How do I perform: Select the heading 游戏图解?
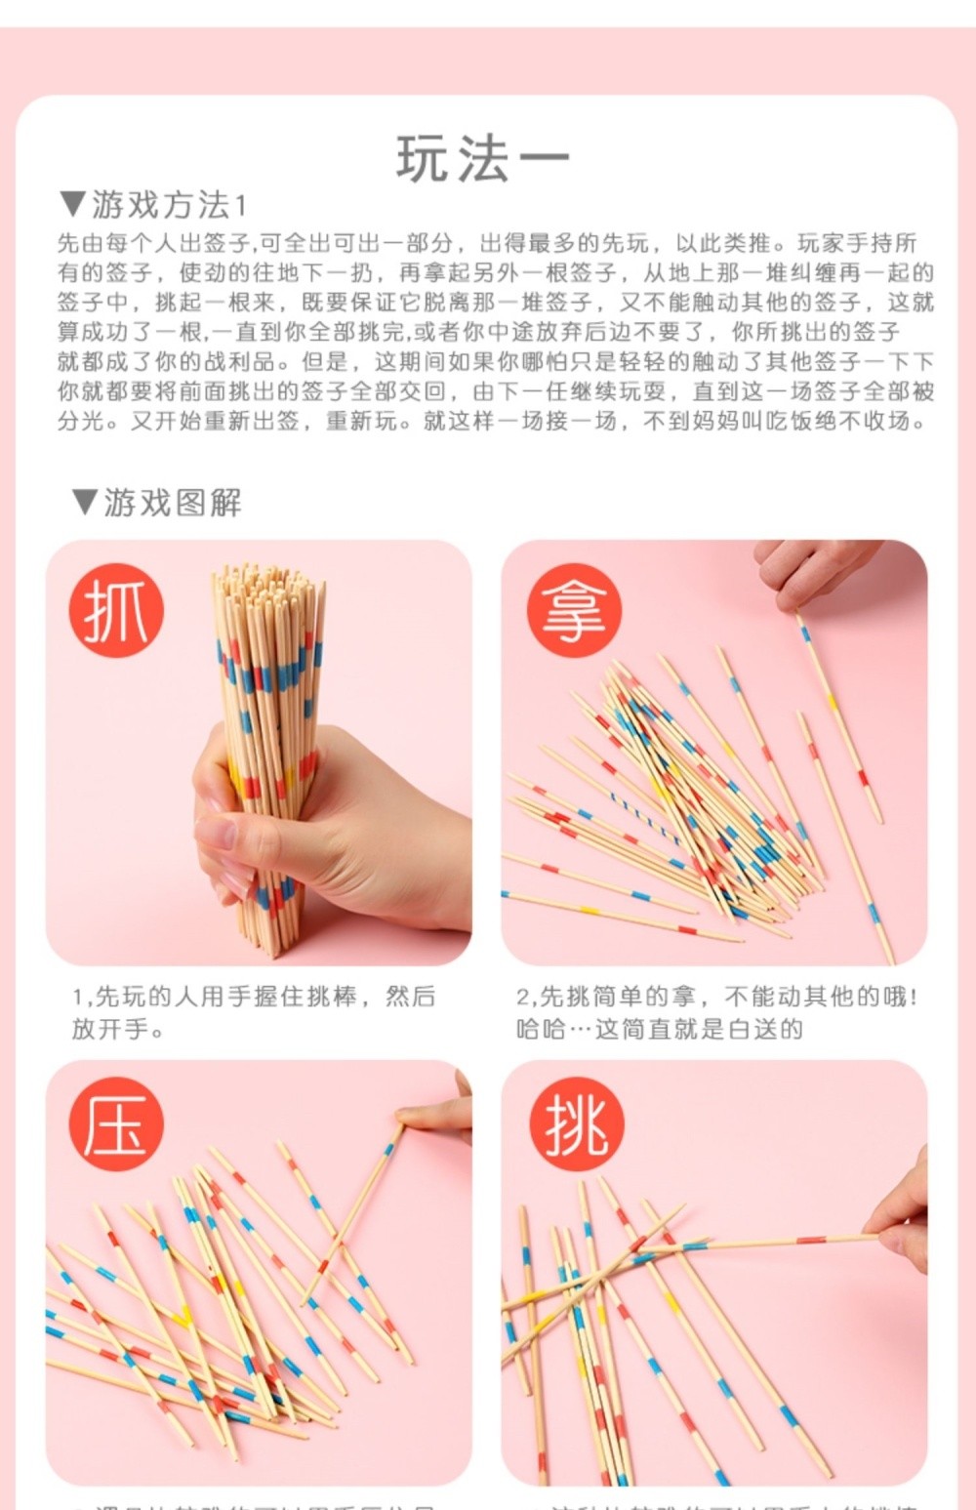(x=172, y=503)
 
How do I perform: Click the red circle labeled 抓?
(x=116, y=610)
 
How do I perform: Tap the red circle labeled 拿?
(x=574, y=610)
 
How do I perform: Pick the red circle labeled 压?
(x=116, y=1123)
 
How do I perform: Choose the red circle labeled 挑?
(x=576, y=1123)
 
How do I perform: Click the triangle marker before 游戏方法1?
(x=73, y=204)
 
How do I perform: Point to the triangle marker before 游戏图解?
(x=85, y=502)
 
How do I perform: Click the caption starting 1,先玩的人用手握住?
(x=254, y=1011)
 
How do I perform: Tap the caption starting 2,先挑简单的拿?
(x=716, y=1011)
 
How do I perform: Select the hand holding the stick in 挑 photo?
(x=903, y=1220)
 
